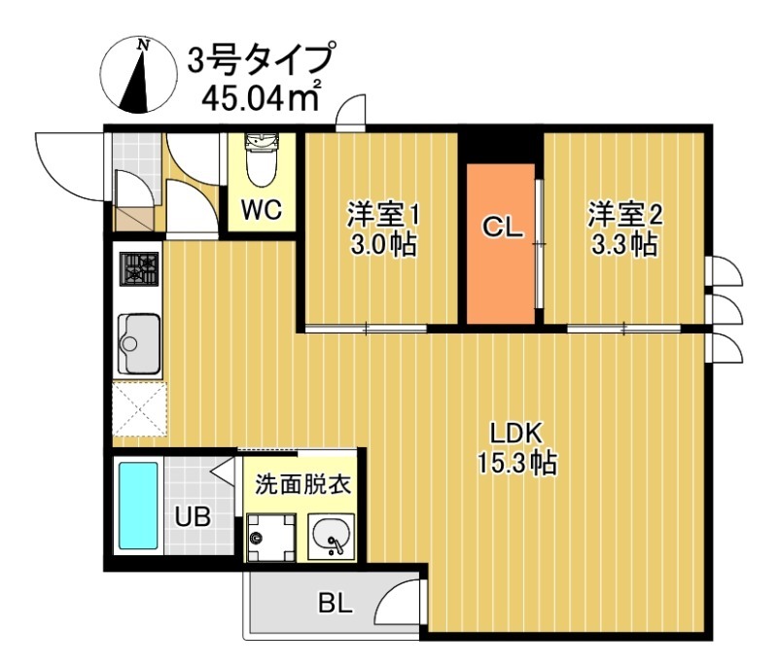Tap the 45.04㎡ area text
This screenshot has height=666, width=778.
point(259,98)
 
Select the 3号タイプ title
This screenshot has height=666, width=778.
point(260,60)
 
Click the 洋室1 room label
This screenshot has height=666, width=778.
point(384,213)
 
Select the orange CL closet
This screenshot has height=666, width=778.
point(500,243)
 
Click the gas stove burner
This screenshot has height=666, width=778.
point(138,269)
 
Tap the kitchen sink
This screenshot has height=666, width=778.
point(139,343)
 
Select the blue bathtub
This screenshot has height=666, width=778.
point(138,506)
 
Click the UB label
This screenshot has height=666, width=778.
point(191,516)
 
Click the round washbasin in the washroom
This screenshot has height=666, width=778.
point(330,534)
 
